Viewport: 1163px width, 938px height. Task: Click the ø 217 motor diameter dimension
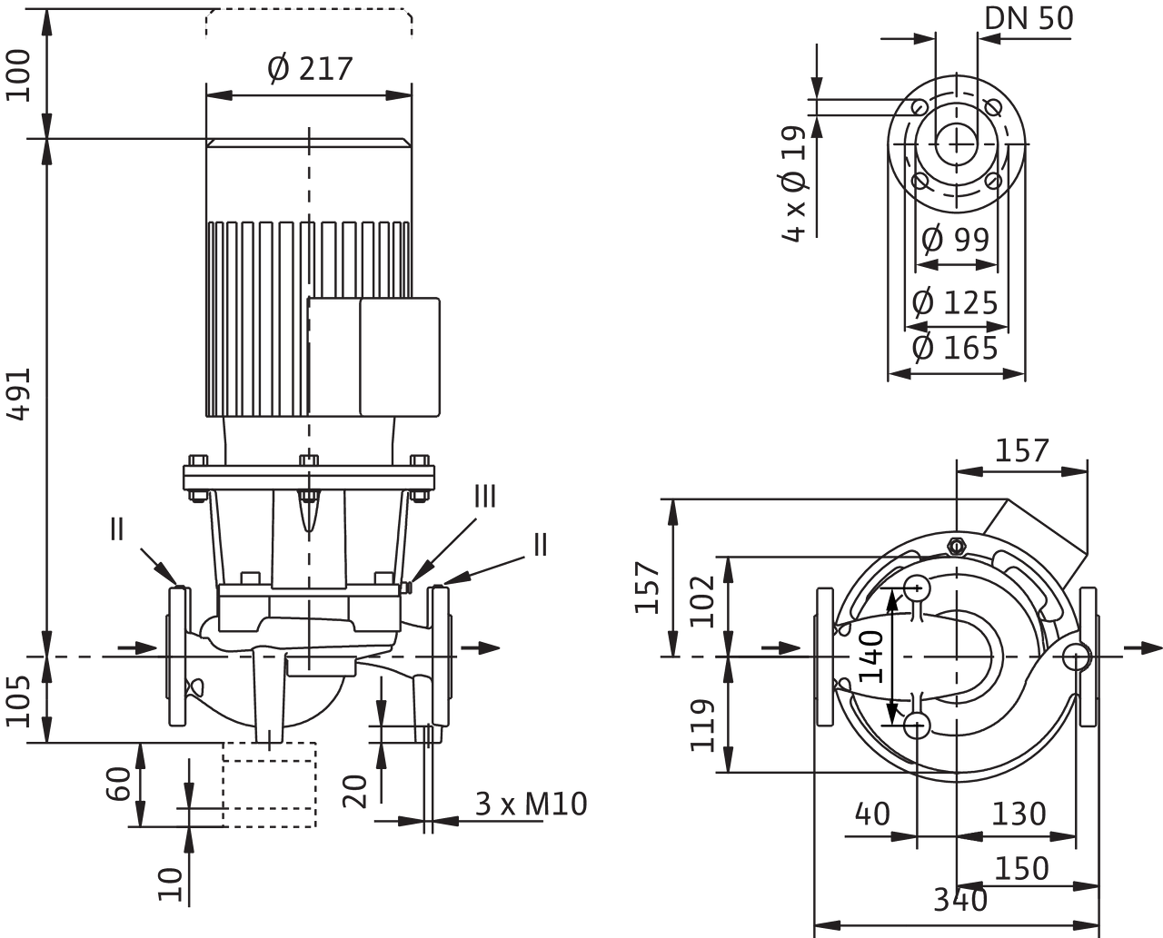click(310, 69)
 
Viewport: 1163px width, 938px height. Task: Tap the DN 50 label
click(1029, 19)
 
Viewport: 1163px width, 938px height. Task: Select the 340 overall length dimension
click(961, 901)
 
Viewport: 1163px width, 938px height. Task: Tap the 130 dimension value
click(1017, 814)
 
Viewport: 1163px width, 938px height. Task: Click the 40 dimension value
click(871, 814)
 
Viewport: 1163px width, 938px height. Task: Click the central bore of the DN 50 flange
click(954, 143)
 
